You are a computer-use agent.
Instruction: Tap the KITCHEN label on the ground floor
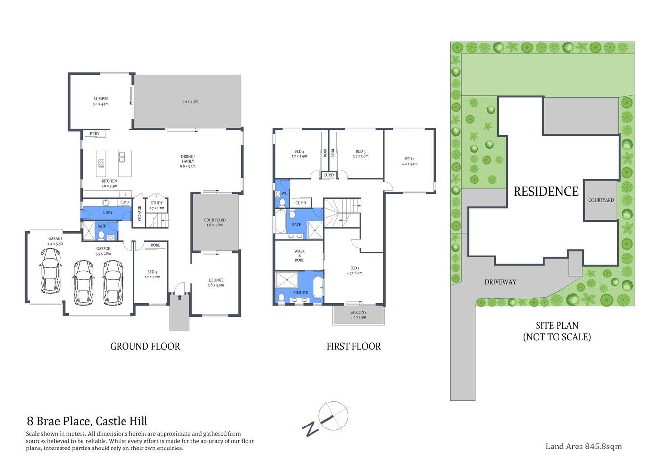[x=109, y=181]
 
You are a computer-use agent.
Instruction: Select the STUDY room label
[x=157, y=203]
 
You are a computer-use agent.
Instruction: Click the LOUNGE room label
[x=216, y=280]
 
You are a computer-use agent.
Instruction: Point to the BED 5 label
[x=152, y=272]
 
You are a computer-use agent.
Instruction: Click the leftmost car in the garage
[x=50, y=271]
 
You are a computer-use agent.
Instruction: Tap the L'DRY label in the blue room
[x=107, y=213]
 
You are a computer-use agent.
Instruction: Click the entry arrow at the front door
[x=179, y=297]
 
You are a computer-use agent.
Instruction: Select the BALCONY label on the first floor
[x=358, y=312]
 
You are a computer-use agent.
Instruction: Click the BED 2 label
[x=410, y=159]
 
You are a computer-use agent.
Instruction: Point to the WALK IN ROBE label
[x=299, y=256]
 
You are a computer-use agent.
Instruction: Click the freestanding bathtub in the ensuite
[x=318, y=287]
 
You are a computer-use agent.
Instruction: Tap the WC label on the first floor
[x=284, y=193]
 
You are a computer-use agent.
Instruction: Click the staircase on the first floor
[x=342, y=213]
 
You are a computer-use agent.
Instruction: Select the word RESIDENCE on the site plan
[x=546, y=192]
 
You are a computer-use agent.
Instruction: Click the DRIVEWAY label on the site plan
[x=500, y=282]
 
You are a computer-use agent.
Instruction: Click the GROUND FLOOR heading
[x=145, y=346]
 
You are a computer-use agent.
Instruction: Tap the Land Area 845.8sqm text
[x=583, y=446]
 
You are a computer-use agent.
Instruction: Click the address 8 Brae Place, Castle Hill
[x=87, y=421]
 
